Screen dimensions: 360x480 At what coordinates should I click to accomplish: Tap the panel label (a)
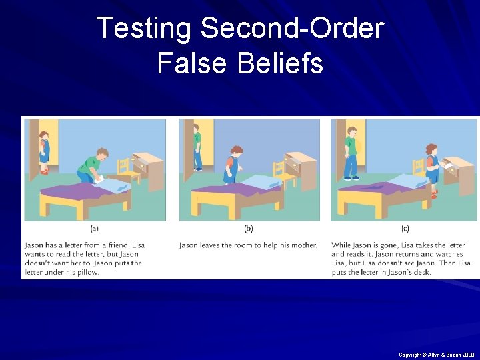94,229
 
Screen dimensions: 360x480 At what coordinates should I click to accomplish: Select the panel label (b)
249,229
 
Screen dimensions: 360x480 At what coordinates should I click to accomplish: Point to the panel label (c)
404,229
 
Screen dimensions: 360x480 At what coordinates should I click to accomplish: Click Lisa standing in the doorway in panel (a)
43,153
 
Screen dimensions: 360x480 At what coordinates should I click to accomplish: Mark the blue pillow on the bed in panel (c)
406,181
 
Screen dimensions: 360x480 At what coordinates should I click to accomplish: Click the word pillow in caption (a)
87,272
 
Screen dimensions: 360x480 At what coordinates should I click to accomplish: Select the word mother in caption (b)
303,245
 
